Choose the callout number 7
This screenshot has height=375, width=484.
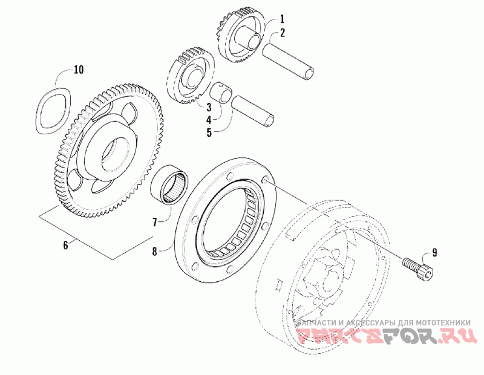[x=155, y=223]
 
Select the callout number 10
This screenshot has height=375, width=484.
[x=78, y=70]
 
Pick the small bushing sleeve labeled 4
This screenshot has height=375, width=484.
[x=223, y=94]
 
